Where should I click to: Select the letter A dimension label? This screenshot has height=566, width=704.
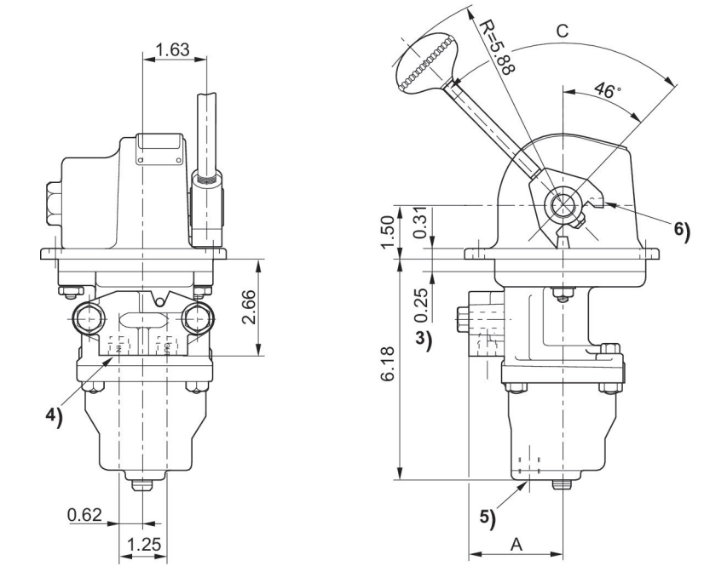pyautogui.click(x=516, y=542)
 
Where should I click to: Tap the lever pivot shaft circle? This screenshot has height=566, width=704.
pyautogui.click(x=562, y=204)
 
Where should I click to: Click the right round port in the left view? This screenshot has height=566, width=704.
pyautogui.click(x=197, y=318)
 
